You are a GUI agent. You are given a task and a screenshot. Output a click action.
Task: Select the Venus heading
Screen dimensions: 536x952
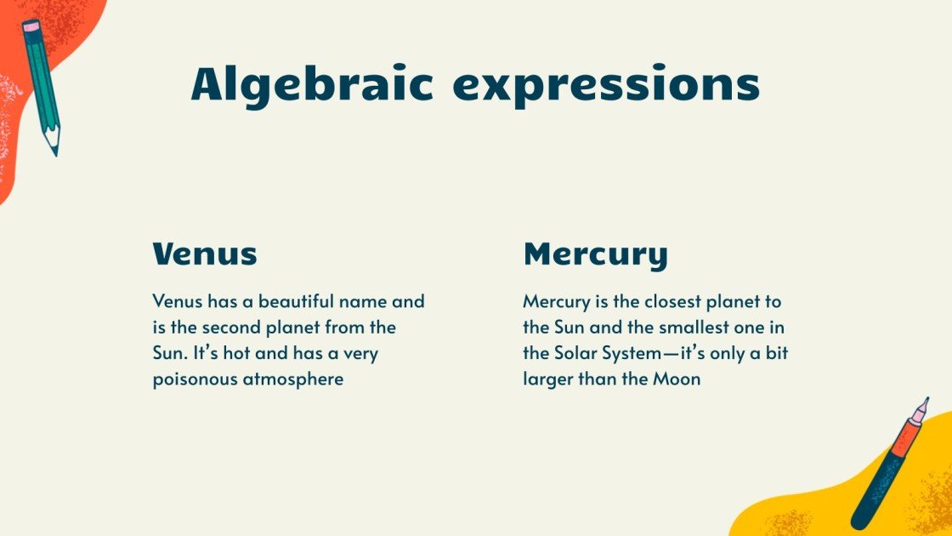pyautogui.click(x=205, y=254)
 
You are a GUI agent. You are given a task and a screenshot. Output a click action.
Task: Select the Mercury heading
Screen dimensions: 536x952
pyautogui.click(x=595, y=254)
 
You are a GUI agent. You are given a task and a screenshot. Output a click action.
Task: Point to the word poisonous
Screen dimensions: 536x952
pyautogui.click(x=195, y=379)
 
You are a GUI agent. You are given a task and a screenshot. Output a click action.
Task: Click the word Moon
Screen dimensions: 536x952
pyautogui.click(x=677, y=379)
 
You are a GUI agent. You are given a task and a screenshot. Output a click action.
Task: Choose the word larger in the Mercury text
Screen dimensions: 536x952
pyautogui.click(x=547, y=379)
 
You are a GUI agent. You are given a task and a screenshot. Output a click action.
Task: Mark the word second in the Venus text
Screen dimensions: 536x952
pyautogui.click(x=233, y=328)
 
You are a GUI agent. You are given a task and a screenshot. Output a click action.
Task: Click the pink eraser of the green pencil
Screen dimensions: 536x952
pyautogui.click(x=31, y=28)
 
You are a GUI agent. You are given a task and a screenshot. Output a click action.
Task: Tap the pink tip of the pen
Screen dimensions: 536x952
pyautogui.click(x=921, y=410)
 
